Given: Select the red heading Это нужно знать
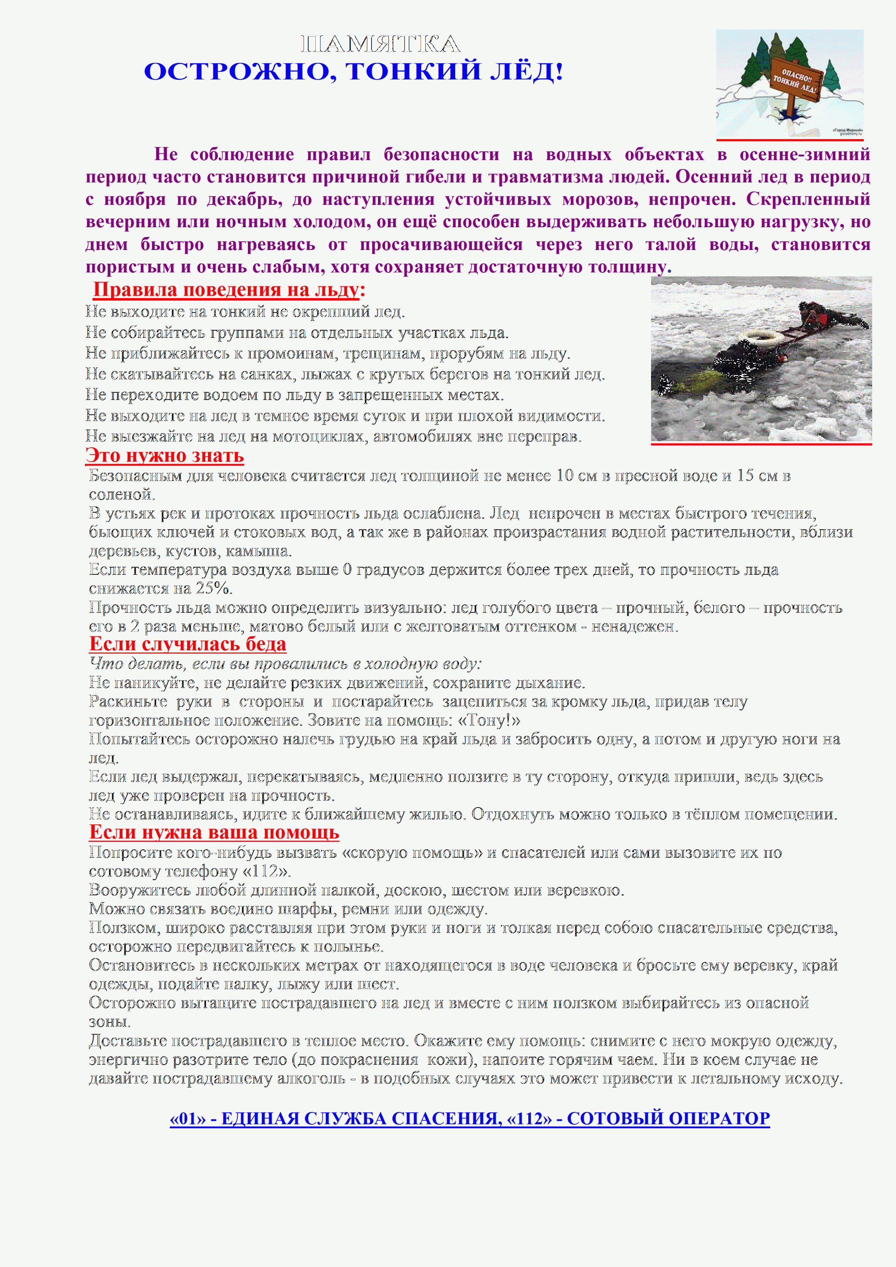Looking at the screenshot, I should tap(164, 455).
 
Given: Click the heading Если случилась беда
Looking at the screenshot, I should tap(187, 644).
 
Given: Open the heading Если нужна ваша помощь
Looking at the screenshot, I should tap(214, 832).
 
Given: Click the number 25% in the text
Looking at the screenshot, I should tap(213, 588).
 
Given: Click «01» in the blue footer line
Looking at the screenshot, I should tap(187, 1119).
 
